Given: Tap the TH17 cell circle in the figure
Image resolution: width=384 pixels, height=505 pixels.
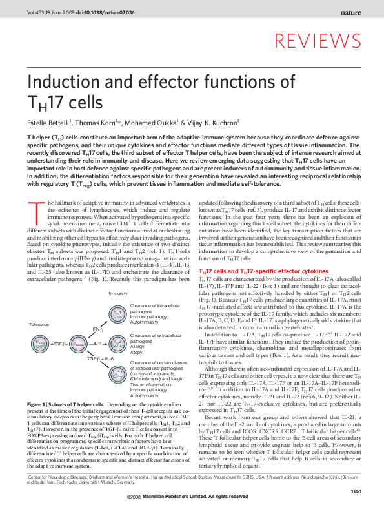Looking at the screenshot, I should pyautogui.click(x=117, y=375).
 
